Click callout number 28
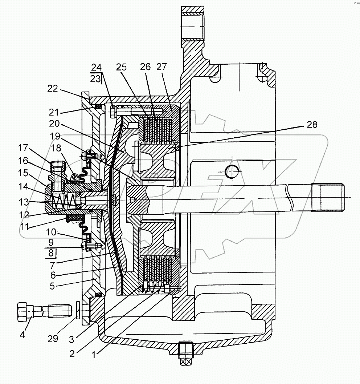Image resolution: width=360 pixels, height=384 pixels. click(312, 125)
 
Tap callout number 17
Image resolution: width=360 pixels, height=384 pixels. click(23, 148)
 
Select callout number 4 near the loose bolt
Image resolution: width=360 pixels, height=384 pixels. click(22, 335)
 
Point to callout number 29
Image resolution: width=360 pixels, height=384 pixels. click(53, 339)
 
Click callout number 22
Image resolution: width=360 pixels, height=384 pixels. click(53, 88)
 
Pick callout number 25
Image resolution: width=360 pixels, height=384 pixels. click(121, 67)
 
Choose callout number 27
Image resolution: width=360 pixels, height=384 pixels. click(161, 66)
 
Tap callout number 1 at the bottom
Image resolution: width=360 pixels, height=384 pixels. click(94, 354)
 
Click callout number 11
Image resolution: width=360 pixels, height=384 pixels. click(24, 227)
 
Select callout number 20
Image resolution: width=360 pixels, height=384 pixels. click(54, 124)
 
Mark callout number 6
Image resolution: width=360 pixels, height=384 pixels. click(53, 275)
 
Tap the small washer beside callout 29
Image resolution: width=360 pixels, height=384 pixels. click(78, 310)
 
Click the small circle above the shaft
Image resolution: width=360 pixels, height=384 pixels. click(232, 172)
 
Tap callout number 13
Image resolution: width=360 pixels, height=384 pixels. click(24, 202)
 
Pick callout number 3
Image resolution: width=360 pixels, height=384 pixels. click(71, 340)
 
